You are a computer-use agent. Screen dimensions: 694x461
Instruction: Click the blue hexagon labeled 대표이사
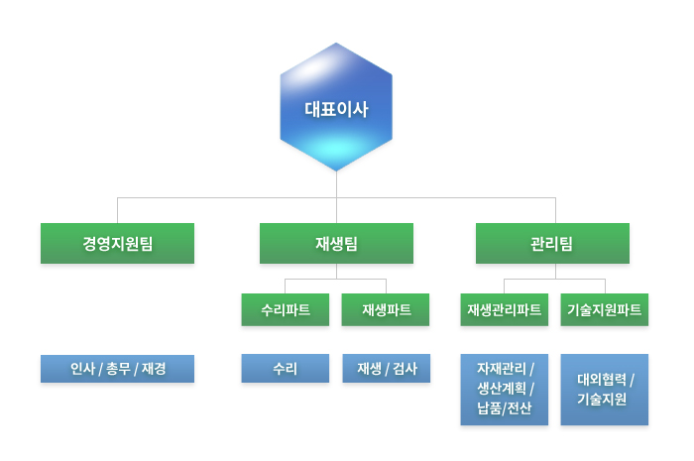tap(336, 107)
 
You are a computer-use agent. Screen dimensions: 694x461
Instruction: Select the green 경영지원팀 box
tap(117, 243)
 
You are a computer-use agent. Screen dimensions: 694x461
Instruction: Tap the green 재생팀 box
tap(336, 243)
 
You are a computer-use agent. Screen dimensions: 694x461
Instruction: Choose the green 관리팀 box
tap(552, 243)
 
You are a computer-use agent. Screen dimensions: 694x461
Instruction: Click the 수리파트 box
tap(286, 309)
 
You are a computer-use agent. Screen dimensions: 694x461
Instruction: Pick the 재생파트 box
tap(386, 309)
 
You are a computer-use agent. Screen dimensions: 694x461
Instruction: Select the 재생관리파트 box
tap(504, 309)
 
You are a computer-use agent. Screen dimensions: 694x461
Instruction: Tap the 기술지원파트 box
tap(605, 309)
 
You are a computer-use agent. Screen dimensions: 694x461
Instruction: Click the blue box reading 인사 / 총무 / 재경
tap(117, 369)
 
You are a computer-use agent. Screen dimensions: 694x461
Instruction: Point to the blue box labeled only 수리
tap(286, 368)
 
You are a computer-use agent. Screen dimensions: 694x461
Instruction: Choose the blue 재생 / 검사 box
tap(387, 368)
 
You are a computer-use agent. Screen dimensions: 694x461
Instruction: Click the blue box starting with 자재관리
tap(504, 390)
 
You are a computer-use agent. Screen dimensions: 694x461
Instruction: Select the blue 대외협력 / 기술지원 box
tap(605, 390)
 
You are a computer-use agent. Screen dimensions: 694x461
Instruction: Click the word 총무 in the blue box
tap(118, 369)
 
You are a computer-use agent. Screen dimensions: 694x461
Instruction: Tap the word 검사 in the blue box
tap(405, 369)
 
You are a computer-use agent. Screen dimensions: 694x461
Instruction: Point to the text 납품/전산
tap(504, 407)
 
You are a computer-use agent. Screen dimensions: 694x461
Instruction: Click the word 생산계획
tap(502, 389)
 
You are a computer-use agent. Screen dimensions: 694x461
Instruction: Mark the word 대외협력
tap(602, 379)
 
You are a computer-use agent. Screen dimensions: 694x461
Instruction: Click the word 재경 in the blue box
tap(154, 369)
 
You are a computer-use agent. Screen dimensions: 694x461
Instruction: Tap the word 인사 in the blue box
tap(82, 369)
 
